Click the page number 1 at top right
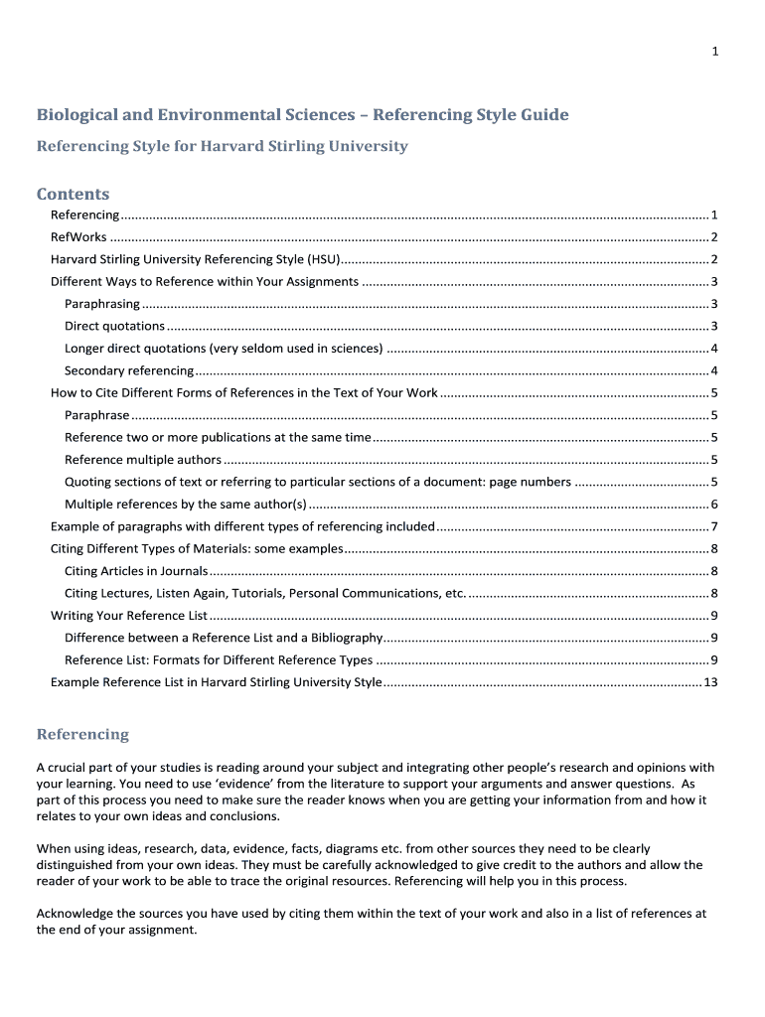click(714, 52)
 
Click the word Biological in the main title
click(77, 115)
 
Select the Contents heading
click(73, 194)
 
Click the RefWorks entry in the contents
click(78, 237)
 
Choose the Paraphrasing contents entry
click(102, 304)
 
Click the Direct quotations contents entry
click(114, 326)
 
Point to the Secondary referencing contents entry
click(129, 370)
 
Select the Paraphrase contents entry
click(97, 415)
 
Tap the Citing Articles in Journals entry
click(136, 571)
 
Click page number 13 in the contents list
click(710, 682)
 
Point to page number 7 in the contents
click(714, 526)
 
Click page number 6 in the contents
click(714, 505)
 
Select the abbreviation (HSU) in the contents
click(322, 259)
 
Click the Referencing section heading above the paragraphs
click(82, 735)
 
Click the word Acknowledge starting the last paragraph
click(75, 914)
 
